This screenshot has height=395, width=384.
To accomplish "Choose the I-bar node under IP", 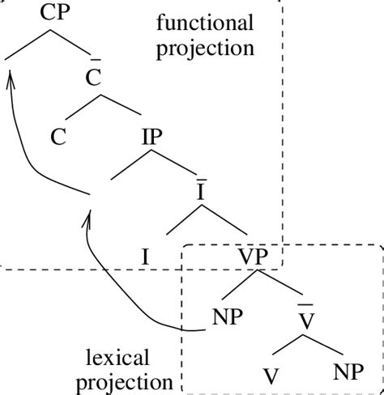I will (200, 194).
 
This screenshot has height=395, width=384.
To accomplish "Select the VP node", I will (258, 257).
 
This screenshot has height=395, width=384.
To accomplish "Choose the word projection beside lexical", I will (128, 380).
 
